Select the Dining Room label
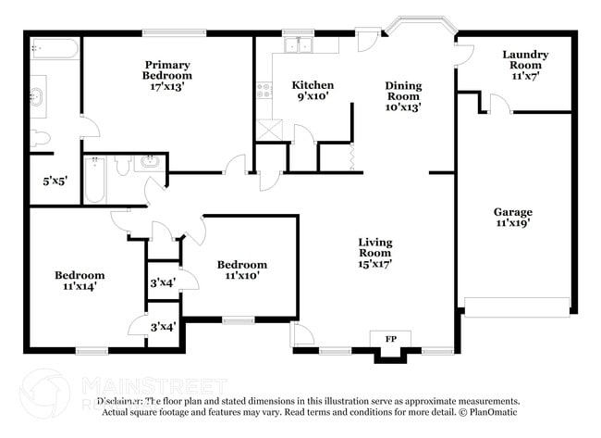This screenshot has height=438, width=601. pos(403,96)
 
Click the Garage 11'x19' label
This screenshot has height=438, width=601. pos(512,218)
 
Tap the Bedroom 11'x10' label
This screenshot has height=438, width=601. pos(242,269)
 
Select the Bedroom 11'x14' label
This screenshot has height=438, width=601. pos(80,281)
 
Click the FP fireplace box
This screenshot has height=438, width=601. pos(390,340)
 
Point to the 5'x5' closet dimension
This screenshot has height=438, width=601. pos(42,182)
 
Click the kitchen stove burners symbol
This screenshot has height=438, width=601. pos(264,91)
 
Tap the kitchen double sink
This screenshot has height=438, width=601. pos(299,44)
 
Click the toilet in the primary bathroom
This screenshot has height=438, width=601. pos(38,139)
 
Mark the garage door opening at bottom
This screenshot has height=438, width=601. pos(516,307)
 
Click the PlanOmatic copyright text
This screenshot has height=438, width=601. pos(489,412)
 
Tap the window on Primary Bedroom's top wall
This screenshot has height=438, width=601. pos(174,33)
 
